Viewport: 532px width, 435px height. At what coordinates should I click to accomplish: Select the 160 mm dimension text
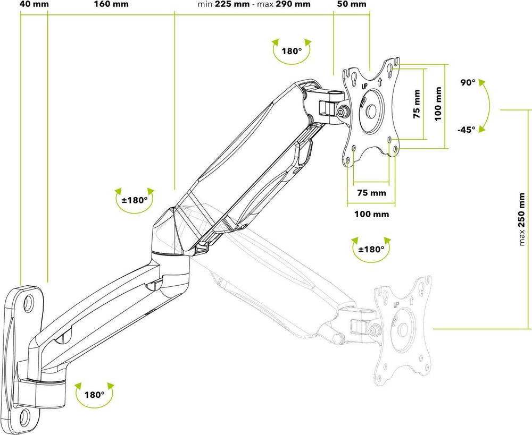tap(111, 5)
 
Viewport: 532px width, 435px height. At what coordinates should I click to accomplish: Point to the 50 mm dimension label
tap(352, 5)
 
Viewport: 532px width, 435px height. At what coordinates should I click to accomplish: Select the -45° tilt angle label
tap(465, 129)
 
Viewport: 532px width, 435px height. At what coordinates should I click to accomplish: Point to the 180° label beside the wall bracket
tap(94, 395)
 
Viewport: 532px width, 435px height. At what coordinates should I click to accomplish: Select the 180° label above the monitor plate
tap(292, 52)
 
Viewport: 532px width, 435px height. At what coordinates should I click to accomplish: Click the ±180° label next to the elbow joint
tap(134, 200)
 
